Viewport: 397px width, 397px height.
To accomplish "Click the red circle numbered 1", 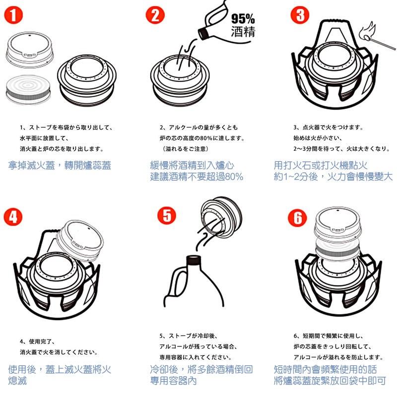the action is click(x=13, y=15).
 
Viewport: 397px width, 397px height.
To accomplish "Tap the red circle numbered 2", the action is click(x=155, y=15).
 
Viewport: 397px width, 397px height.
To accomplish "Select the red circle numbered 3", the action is click(x=300, y=15).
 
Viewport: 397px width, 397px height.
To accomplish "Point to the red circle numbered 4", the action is click(x=13, y=217).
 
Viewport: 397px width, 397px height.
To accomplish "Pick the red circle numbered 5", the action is click(x=167, y=215).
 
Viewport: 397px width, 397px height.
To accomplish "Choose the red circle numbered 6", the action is click(x=297, y=218).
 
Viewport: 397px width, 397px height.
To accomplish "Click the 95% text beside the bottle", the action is click(x=243, y=19).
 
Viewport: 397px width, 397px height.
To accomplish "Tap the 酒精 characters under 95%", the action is click(x=243, y=32).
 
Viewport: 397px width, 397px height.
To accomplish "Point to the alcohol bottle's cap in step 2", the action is click(x=203, y=33).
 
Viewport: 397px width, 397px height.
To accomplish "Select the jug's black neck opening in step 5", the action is click(x=194, y=260).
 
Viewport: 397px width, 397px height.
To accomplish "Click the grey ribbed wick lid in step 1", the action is click(x=28, y=90).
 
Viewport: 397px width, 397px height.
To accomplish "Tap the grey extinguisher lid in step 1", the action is click(x=30, y=50).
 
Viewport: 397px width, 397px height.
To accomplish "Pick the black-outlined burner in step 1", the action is click(x=86, y=80).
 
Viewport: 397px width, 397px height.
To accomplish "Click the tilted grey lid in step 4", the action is click(x=80, y=241).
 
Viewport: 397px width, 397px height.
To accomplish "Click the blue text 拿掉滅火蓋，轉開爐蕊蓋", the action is click(x=60, y=165).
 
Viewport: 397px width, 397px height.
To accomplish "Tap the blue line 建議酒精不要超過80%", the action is click(x=197, y=177).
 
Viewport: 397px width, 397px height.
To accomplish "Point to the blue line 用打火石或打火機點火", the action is click(x=321, y=165).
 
